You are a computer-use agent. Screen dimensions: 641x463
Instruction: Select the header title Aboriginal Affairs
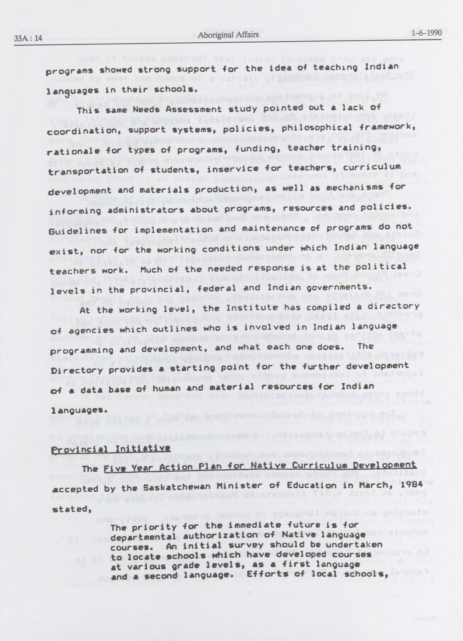point(228,35)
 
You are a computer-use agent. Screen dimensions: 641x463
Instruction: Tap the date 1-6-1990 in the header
point(427,33)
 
